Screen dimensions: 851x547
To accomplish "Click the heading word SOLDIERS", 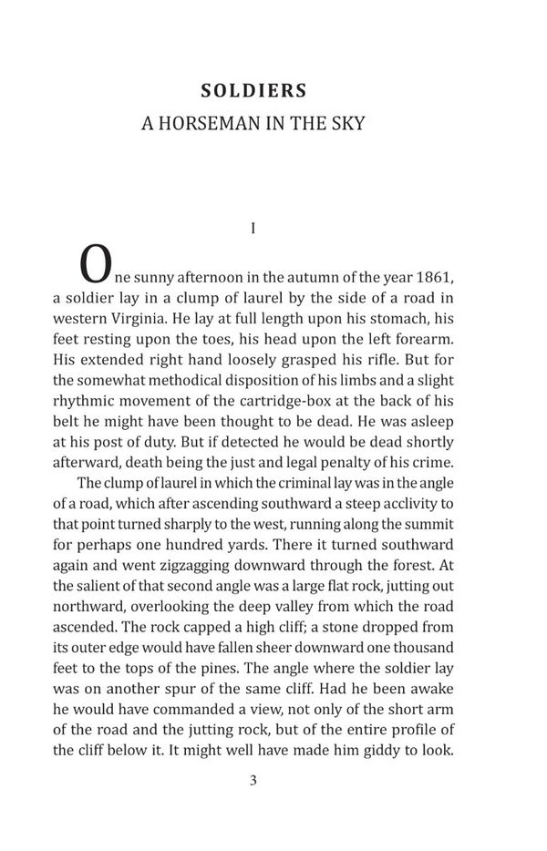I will point(253,91).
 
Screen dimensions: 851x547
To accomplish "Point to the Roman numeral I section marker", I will point(253,228).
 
